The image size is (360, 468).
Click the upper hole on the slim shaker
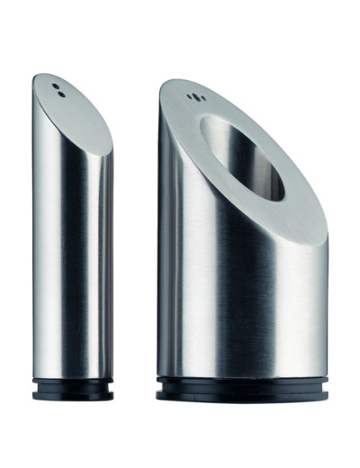point(55,86)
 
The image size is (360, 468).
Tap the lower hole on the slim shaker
point(59,92)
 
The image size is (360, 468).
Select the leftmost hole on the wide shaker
point(187,95)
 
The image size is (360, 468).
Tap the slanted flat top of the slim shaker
point(72,103)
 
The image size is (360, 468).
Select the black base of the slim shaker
point(73,388)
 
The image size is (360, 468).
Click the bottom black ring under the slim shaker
point(73,393)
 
